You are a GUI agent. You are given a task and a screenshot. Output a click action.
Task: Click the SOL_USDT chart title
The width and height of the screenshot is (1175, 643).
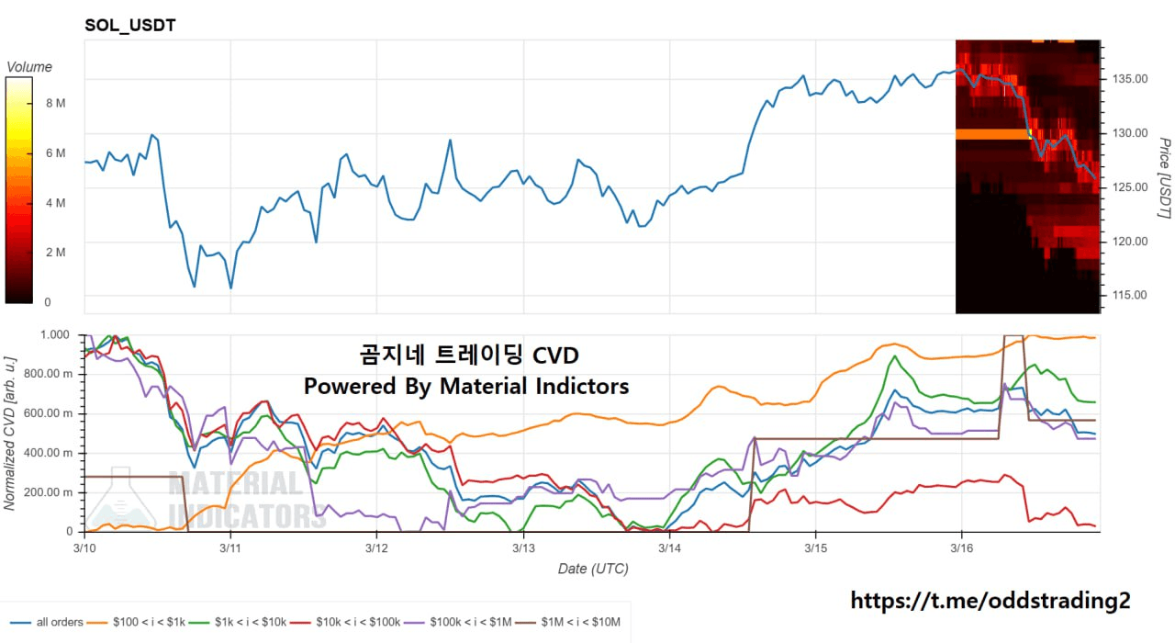129,26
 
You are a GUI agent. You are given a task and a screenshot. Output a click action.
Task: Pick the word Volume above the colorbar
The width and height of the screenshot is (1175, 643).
29,67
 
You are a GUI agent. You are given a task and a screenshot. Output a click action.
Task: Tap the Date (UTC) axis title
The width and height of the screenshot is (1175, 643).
593,570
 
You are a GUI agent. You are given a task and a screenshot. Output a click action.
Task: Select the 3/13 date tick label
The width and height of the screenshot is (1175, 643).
523,548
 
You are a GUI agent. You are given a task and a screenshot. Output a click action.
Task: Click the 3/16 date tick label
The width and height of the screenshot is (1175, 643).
961,548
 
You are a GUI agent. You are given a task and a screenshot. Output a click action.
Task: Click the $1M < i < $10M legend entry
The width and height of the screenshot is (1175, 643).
575,623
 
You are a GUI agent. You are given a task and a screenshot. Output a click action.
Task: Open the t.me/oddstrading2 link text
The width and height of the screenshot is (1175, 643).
990,601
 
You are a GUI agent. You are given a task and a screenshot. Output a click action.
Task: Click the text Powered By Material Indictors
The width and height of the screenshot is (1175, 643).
466,387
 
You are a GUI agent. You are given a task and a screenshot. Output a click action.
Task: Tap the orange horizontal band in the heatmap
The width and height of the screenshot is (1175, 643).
992,134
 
